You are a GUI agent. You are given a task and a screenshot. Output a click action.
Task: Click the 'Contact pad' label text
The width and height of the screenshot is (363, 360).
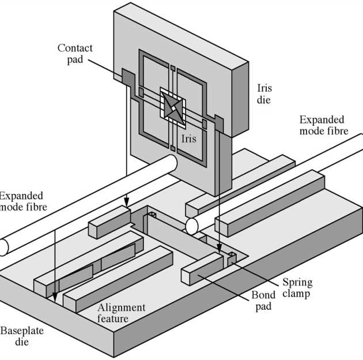point(75,54)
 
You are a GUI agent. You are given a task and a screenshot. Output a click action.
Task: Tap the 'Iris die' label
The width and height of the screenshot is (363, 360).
point(264,94)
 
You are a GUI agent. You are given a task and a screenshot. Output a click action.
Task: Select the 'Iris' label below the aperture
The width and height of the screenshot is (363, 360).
point(189,138)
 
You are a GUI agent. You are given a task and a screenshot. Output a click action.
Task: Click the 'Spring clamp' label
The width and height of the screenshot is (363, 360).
point(297,288)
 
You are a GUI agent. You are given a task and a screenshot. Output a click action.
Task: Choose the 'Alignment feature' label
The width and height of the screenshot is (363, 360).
point(121,313)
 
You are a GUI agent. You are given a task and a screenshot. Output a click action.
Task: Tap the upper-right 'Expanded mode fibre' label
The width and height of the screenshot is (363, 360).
point(323,125)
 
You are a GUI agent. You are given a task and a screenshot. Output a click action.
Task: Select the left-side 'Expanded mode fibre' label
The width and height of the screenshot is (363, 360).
point(21,202)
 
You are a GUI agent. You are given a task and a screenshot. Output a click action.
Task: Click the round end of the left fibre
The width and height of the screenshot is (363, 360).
point(3,247)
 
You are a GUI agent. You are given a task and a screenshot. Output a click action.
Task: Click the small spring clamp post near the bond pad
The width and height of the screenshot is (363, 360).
point(232,258)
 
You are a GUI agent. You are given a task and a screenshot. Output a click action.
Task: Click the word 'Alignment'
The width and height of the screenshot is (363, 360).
point(121,307)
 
